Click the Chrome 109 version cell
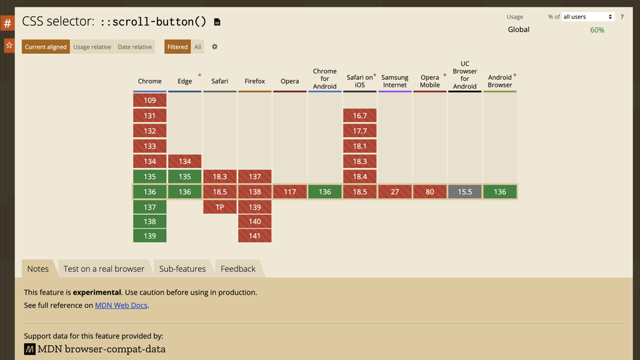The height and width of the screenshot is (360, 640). pos(150,100)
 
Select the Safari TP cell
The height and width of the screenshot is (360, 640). pos(220,207)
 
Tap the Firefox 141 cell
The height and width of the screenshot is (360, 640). pos(255,236)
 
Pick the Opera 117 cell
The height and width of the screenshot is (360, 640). pos(290,192)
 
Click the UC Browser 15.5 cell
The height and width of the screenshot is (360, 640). pos(465,192)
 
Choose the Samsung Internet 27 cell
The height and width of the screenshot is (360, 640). pos(395,192)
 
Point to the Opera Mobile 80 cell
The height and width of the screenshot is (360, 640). pos(430,192)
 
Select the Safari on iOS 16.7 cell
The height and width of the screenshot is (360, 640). pos(360,116)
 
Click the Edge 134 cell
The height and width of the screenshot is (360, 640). pos(185,161)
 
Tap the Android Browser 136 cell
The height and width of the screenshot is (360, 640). pos(500,192)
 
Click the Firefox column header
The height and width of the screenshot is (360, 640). pos(255,81)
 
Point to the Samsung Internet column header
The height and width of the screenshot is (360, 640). pos(395,81)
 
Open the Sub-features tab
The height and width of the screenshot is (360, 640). pos(182,269)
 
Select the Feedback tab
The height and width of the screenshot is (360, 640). pos(238,269)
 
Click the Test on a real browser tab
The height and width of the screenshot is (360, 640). pos(104,269)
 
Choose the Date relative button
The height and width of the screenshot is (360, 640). pos(135,47)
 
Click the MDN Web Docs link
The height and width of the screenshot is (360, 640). pos(121,305)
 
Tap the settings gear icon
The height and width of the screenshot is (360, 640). pos(215,47)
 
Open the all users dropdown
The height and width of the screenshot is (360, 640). pos(588,17)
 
